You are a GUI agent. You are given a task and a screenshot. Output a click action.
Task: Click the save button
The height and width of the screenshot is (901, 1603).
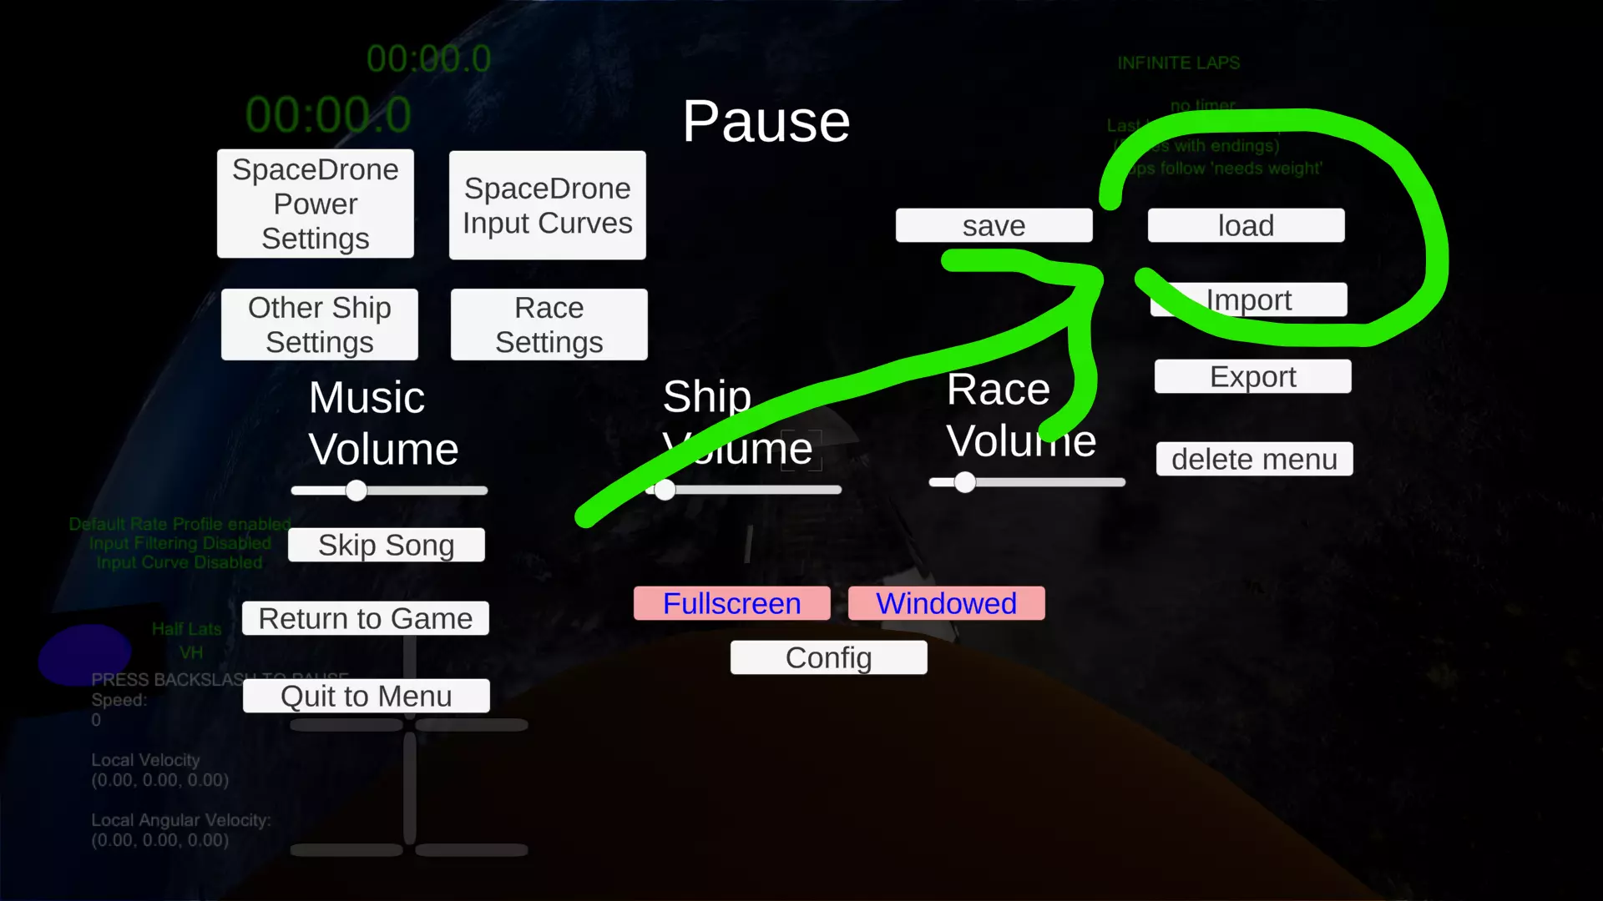(994, 225)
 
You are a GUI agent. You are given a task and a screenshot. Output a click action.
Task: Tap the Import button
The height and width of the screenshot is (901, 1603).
(1249, 299)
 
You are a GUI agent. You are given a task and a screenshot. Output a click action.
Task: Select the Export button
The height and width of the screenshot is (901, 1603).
(1252, 376)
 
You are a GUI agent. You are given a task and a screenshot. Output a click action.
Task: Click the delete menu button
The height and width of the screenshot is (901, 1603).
(1254, 459)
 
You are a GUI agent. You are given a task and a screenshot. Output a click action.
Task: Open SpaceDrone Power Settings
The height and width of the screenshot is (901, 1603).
(316, 204)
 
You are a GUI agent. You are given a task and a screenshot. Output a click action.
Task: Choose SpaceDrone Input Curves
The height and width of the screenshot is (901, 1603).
(548, 205)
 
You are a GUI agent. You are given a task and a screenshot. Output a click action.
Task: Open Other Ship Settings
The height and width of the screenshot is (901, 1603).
(320, 325)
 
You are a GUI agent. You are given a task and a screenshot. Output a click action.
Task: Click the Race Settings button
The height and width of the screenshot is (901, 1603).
(549, 325)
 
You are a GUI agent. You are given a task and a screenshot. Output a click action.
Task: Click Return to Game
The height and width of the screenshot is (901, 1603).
(366, 618)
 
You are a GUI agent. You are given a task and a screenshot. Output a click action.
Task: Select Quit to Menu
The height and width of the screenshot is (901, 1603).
(366, 696)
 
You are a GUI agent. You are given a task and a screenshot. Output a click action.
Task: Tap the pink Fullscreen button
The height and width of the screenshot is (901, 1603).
(731, 603)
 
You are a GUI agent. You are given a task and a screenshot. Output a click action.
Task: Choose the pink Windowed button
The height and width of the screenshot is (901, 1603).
(946, 603)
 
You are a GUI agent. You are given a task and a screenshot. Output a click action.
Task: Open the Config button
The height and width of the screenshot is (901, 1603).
(828, 657)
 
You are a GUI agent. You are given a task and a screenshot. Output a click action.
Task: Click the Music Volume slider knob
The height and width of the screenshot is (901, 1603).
(357, 491)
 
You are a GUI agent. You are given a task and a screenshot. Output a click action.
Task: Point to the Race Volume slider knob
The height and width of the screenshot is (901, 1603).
(965, 482)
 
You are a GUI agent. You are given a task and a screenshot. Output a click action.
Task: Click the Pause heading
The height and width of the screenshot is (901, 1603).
(766, 122)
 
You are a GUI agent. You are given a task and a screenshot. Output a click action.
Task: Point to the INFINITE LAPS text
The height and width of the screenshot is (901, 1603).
(1178, 63)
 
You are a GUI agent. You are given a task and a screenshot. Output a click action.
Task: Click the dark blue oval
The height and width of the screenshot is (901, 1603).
(85, 654)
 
